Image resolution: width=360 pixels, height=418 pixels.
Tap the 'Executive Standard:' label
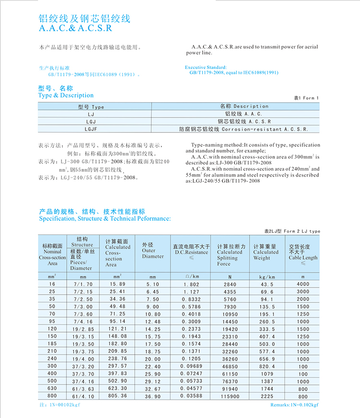coord(205,68)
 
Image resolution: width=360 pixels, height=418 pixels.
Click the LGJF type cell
coord(91,129)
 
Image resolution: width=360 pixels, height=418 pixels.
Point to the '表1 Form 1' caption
coord(306,98)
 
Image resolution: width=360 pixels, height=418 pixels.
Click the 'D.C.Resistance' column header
coord(192,252)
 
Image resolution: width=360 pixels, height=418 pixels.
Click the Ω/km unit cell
coord(192,277)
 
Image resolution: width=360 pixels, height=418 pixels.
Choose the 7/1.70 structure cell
coord(83,284)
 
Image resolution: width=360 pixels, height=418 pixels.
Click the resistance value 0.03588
coord(192,396)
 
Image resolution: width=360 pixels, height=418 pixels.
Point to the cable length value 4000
coord(302,284)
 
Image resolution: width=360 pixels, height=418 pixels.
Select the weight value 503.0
coord(267,344)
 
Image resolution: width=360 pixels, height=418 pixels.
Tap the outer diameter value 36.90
coord(153,396)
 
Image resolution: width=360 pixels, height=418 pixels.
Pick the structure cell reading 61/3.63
coord(83,389)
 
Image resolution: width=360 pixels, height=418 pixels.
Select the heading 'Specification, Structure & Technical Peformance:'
coord(105,218)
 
